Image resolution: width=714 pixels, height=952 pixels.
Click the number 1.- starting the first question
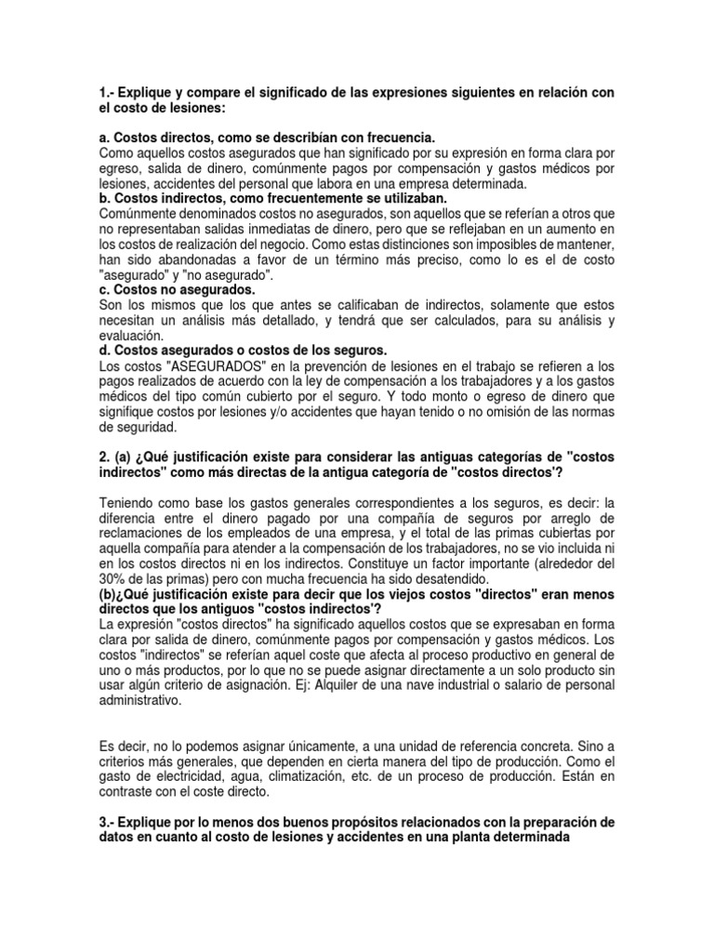tap(105, 94)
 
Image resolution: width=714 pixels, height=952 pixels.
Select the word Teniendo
tap(128, 502)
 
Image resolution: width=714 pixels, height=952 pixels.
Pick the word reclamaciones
tap(147, 535)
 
